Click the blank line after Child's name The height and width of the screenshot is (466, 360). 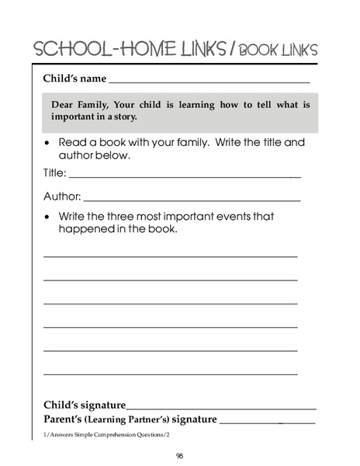click(x=209, y=82)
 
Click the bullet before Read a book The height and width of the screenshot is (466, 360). click(x=48, y=144)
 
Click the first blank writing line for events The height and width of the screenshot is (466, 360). click(x=170, y=256)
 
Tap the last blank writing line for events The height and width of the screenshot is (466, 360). click(x=170, y=374)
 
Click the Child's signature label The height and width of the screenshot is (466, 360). click(x=84, y=405)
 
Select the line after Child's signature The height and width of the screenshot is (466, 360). click(x=221, y=409)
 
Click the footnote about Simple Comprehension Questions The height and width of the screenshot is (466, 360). click(x=106, y=434)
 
